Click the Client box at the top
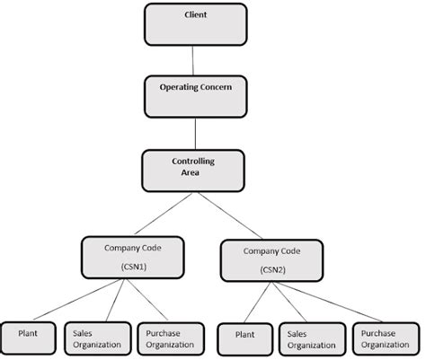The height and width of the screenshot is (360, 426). pos(194,23)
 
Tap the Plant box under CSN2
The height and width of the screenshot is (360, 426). pos(243,338)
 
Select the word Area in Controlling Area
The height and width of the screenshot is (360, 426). pos(189,173)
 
